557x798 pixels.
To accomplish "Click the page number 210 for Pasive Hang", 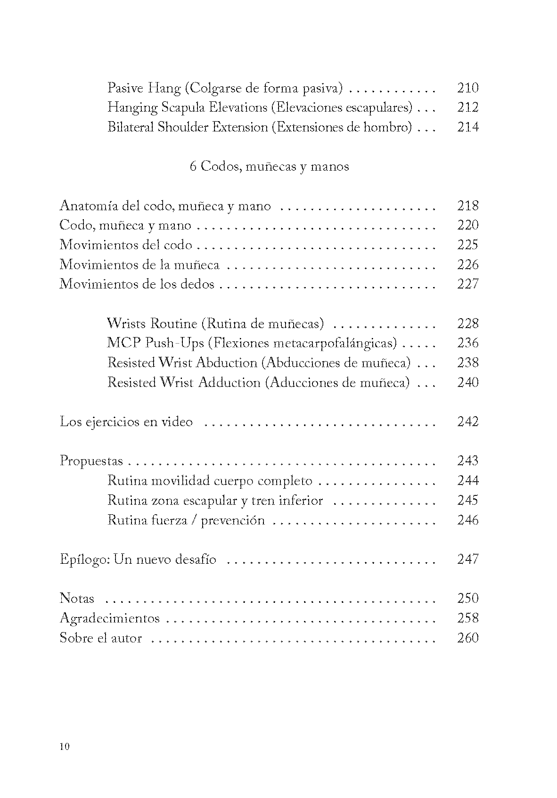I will click(467, 88).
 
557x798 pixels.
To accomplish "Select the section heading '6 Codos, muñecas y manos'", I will click(269, 166).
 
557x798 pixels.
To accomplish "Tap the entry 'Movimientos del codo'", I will click(126, 245).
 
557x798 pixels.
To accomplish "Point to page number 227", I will click(467, 284).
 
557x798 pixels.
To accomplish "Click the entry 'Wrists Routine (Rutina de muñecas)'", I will click(215, 324).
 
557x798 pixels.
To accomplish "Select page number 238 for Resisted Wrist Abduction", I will click(467, 363).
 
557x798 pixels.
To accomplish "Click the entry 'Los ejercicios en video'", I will click(126, 422).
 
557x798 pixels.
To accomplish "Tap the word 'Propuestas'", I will click(91, 461).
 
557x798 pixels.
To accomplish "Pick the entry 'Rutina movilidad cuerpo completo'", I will click(210, 481).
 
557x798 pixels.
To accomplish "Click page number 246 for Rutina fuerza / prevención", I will click(467, 520).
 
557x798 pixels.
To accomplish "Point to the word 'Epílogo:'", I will click(85, 559).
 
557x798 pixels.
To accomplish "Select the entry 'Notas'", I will click(77, 599).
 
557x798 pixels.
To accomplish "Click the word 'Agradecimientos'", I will click(110, 618).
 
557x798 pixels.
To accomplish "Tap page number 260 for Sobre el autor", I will click(467, 638).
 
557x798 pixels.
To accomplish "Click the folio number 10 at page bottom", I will click(65, 747).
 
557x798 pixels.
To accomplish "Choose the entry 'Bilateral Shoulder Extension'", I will click(188, 127).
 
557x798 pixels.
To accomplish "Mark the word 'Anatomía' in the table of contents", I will click(89, 206).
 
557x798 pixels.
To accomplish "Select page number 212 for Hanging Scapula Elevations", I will click(467, 107).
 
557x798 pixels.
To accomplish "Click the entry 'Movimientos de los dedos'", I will click(137, 284).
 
